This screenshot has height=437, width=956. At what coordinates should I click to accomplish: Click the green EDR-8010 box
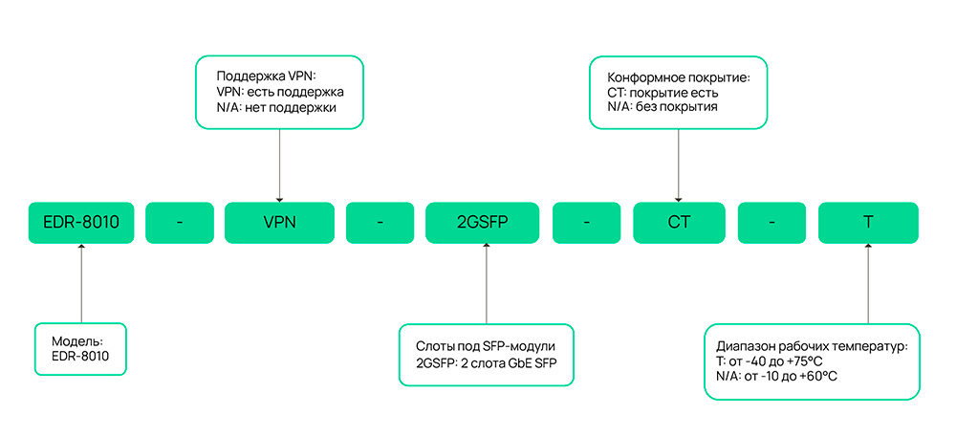81,222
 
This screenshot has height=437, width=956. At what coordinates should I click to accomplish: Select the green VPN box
279,222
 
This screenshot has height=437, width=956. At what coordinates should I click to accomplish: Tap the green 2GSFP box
486,222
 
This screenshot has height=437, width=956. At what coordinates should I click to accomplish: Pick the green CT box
679,222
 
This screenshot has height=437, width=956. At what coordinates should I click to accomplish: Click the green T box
868,222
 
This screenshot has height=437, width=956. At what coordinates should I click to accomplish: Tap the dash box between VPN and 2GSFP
380,222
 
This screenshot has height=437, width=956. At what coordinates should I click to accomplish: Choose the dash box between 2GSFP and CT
586,222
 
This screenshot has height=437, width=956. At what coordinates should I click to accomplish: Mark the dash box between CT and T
772,222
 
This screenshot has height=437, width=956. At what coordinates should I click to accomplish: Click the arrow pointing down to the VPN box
279,163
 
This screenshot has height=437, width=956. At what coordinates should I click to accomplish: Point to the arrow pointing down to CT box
679,163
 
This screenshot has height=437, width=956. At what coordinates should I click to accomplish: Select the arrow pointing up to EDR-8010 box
81,282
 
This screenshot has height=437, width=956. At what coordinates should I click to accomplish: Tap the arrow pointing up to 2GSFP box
486,282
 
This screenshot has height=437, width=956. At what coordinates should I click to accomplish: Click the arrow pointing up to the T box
868,282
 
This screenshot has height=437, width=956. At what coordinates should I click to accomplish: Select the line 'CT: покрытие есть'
663,92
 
